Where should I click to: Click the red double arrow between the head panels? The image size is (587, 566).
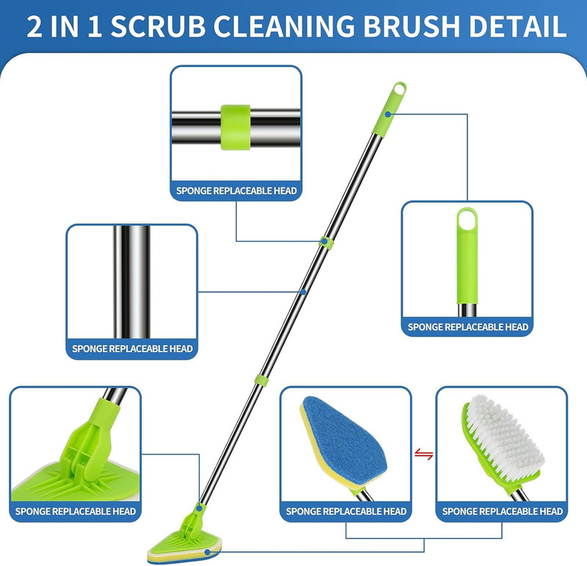click(x=423, y=455)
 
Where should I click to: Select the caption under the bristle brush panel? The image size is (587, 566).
click(x=503, y=511)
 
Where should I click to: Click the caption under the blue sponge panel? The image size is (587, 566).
click(x=346, y=511)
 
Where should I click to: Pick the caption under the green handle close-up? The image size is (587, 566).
click(x=467, y=327)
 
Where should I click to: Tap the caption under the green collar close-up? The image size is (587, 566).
click(x=236, y=191)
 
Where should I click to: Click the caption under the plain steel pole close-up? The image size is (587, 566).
click(x=132, y=349)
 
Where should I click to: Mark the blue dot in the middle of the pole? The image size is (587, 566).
click(x=302, y=292)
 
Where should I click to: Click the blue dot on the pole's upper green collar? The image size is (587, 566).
click(x=324, y=241)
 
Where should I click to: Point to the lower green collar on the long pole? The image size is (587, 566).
click(x=260, y=379)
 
